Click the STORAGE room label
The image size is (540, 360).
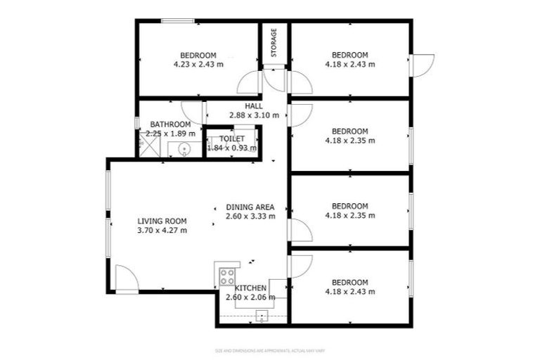pos(274,43)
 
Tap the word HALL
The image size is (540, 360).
pos(254,106)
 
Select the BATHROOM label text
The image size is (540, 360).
pos(170,124)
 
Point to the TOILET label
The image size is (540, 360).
pos(231,139)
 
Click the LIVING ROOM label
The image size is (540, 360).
pos(162,221)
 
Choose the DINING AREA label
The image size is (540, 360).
pos(250,207)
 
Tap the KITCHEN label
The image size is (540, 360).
pos(250,288)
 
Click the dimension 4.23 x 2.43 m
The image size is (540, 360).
pos(198,64)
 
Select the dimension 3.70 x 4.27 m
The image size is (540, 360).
pos(162,230)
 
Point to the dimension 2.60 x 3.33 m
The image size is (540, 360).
pos(250,217)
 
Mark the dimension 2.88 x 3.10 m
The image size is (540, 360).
pos(254,115)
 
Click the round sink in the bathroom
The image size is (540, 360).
pos(184,148)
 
